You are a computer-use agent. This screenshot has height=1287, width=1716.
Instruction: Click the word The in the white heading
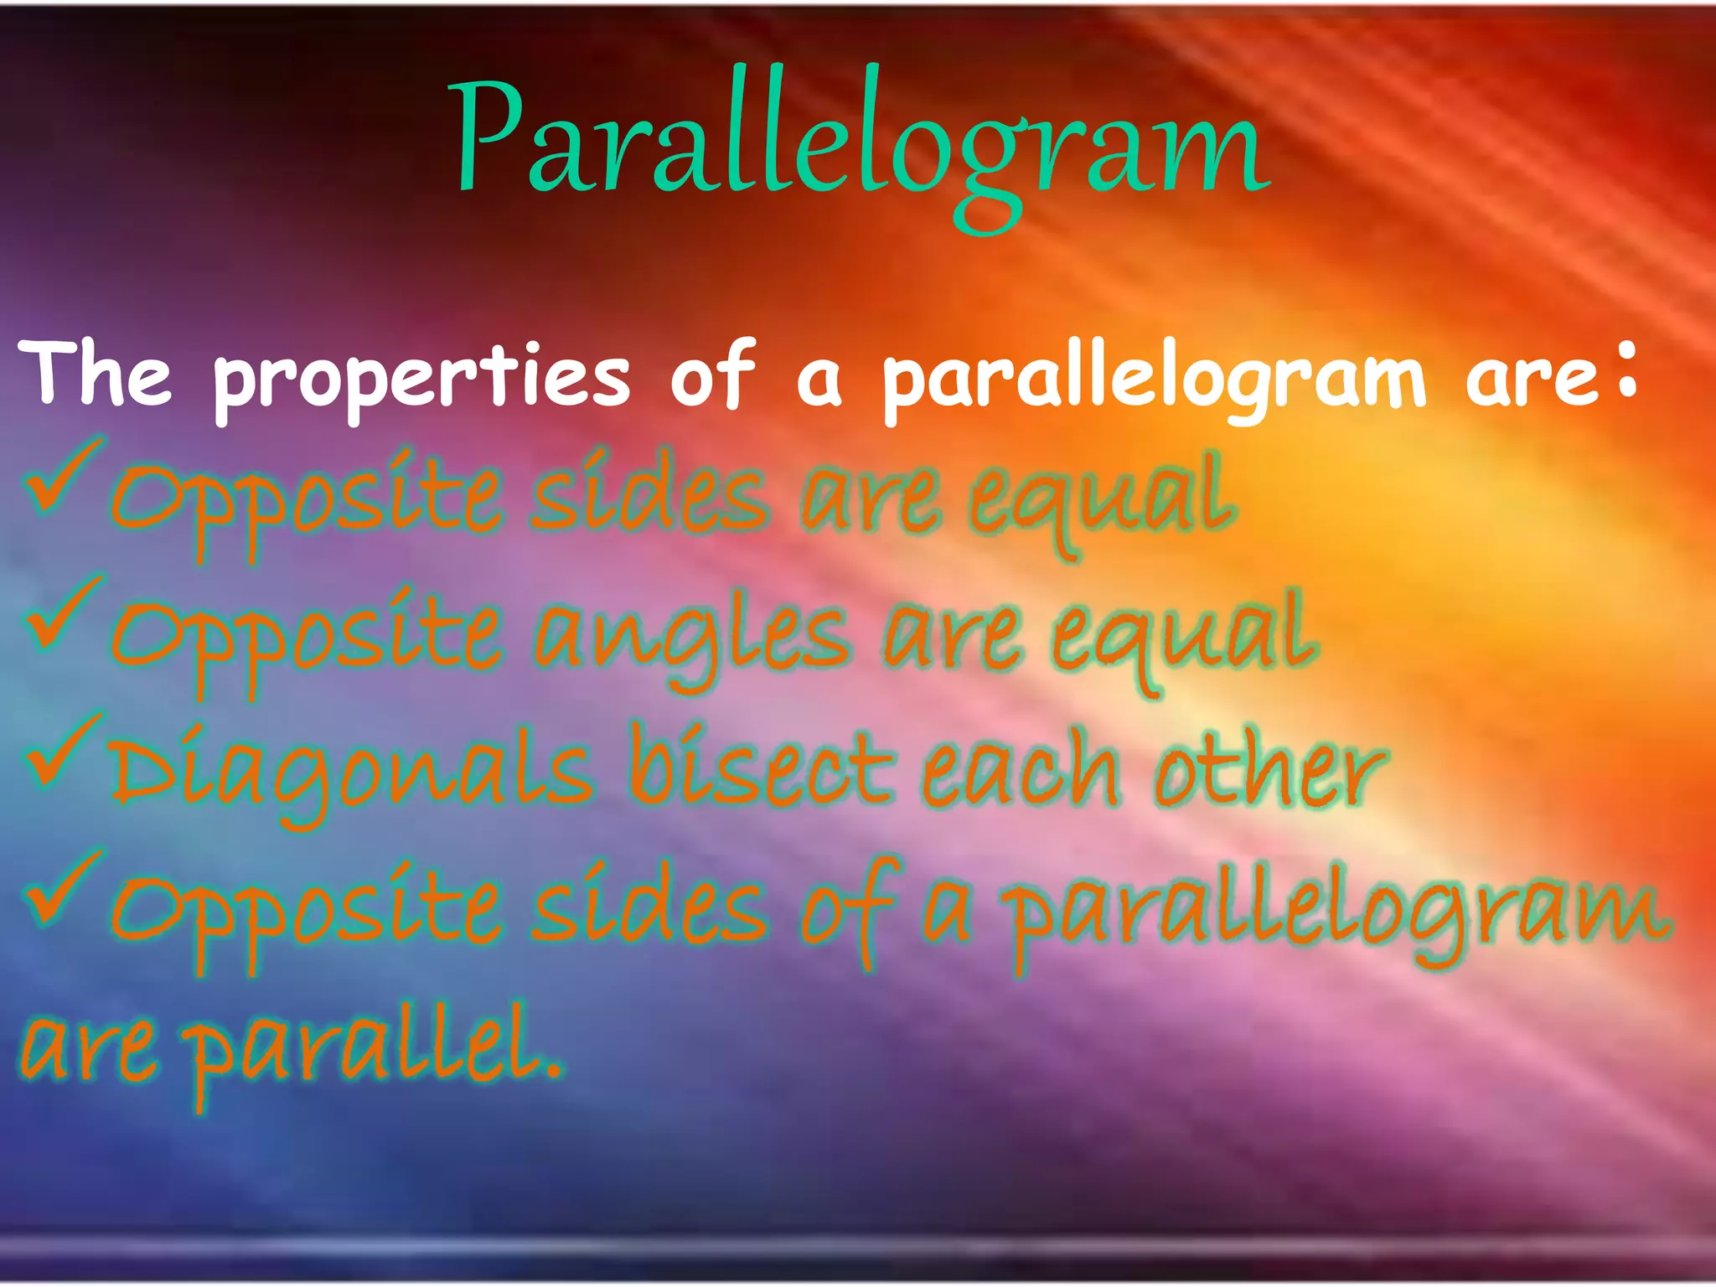(99, 375)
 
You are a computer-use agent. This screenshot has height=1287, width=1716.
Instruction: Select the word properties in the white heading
(421, 379)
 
